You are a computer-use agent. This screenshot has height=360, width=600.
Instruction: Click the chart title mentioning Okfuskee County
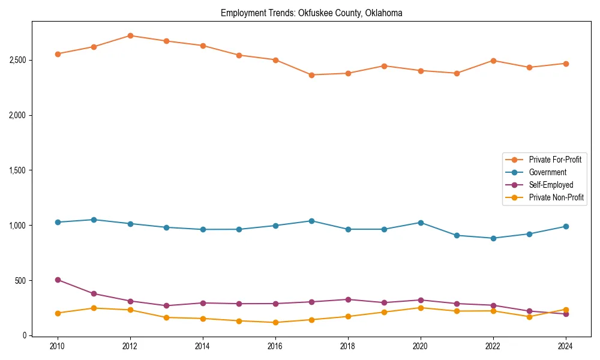[x=311, y=13]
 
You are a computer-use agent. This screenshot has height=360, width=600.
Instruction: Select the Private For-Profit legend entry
[x=555, y=160]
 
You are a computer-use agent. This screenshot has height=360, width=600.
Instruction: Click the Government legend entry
[x=547, y=172]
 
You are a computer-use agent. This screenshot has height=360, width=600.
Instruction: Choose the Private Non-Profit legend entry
[x=556, y=197]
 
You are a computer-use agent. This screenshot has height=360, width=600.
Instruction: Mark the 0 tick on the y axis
[x=24, y=336]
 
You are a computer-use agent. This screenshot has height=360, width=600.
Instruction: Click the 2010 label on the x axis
[x=58, y=346]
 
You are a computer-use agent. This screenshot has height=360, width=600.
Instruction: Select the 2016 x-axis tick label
[x=275, y=346]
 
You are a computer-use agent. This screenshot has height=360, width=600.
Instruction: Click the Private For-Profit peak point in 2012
[x=130, y=35]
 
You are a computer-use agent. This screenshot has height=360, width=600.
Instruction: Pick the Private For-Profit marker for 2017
[x=311, y=75]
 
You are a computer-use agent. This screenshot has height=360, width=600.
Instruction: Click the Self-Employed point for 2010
[x=58, y=280]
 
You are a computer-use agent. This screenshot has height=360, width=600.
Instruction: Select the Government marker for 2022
[x=493, y=238]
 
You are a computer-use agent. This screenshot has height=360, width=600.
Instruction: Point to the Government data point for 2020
[x=421, y=223]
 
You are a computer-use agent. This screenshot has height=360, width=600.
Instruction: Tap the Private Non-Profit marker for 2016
[x=275, y=323]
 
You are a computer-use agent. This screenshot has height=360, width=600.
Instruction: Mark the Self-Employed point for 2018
[x=348, y=299]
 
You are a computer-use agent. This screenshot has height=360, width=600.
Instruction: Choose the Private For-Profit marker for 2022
[x=493, y=61]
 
